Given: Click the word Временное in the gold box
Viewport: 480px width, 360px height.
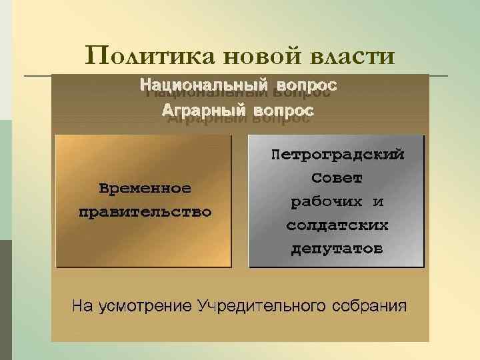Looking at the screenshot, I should pyautogui.click(x=145, y=188).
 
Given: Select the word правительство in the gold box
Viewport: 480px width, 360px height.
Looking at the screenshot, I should pyautogui.click(x=145, y=213).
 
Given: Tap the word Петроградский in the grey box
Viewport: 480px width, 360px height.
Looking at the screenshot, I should pyautogui.click(x=337, y=155).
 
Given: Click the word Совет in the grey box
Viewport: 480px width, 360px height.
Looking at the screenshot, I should pyautogui.click(x=337, y=179).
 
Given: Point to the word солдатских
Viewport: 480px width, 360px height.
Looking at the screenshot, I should pyautogui.click(x=337, y=225).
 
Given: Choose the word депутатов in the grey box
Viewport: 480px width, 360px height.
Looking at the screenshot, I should pyautogui.click(x=337, y=249).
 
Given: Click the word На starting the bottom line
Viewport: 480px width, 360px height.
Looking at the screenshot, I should pyautogui.click(x=83, y=307).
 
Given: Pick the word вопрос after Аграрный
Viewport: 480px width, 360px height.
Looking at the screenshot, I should pyautogui.click(x=280, y=109).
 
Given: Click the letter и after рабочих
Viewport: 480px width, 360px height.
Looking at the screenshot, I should pyautogui.click(x=377, y=202).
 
